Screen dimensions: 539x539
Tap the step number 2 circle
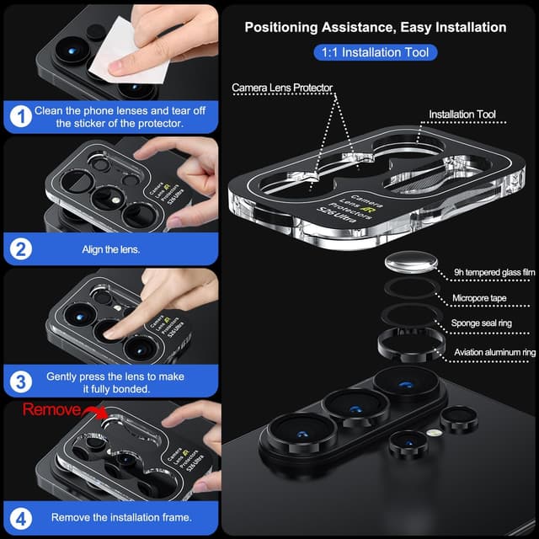[19, 250]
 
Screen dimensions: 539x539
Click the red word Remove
[50, 410]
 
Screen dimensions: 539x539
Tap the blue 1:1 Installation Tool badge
[375, 52]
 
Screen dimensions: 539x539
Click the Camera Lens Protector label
[283, 88]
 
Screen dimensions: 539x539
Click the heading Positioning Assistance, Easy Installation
[375, 27]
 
